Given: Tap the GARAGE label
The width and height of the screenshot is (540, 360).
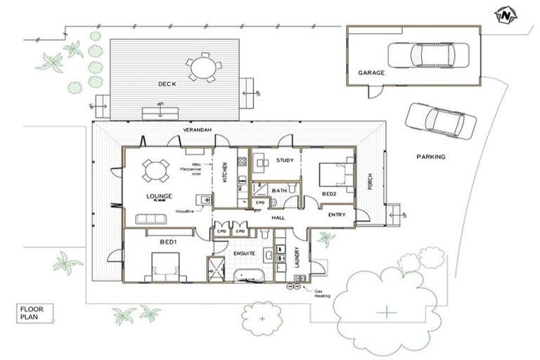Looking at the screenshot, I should (x=371, y=72).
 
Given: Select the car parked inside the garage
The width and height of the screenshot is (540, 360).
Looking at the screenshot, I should (x=431, y=55).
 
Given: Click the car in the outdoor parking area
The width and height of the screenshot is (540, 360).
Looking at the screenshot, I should (x=441, y=120).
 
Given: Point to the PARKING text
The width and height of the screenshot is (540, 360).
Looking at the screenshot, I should (x=430, y=157).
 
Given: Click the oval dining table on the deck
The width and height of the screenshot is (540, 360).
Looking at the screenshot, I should (x=204, y=67).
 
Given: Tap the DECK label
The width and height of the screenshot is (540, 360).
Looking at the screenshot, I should (x=167, y=84).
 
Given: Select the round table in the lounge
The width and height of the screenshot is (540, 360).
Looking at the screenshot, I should (x=155, y=169).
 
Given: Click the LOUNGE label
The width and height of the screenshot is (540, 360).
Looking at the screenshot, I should (x=160, y=196).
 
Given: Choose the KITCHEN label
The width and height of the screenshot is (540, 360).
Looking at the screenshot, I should (x=225, y=171).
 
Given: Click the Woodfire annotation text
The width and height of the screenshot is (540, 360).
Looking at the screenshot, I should (x=185, y=210).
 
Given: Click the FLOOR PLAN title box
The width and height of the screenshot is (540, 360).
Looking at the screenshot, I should (x=35, y=312).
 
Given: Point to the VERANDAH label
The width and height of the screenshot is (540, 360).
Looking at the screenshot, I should (x=197, y=131).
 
